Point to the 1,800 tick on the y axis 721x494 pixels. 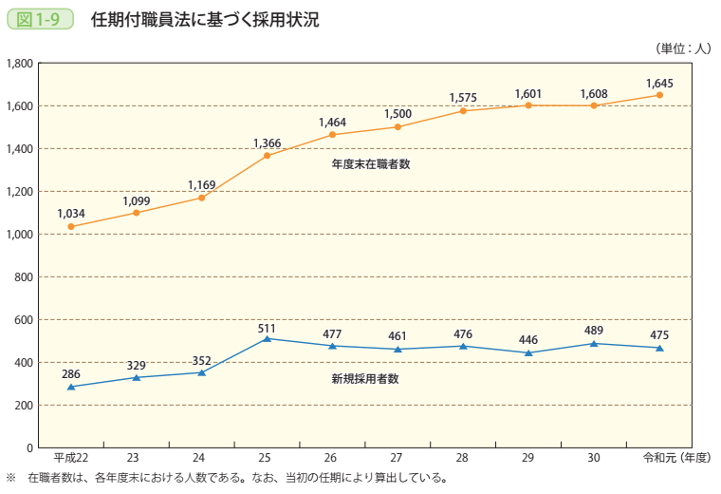20,64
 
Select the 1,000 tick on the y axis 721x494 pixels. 20,235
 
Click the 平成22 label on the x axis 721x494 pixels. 71,458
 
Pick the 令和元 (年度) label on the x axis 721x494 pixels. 675,458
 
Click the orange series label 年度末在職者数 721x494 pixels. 364,163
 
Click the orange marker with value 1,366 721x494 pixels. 268,156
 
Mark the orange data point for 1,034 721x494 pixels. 71,227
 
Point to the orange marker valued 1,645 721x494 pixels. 659,95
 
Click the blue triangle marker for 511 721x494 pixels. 268,338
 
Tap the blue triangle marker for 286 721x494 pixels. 71,387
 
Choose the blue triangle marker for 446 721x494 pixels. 528,352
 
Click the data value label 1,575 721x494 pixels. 463,97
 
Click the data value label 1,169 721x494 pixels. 202,184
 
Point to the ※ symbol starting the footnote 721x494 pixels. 12,478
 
